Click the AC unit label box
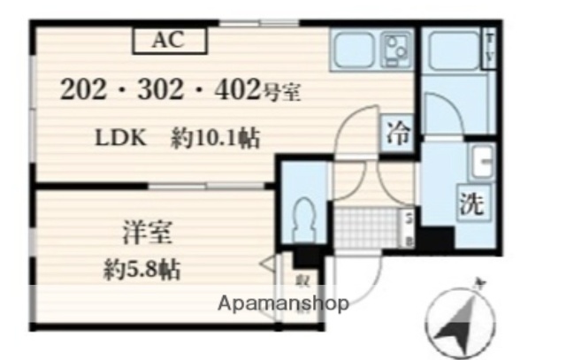[170, 39]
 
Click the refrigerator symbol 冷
[398, 135]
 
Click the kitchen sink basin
[355, 46]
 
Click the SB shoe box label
[409, 227]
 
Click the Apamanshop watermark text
[283, 303]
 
